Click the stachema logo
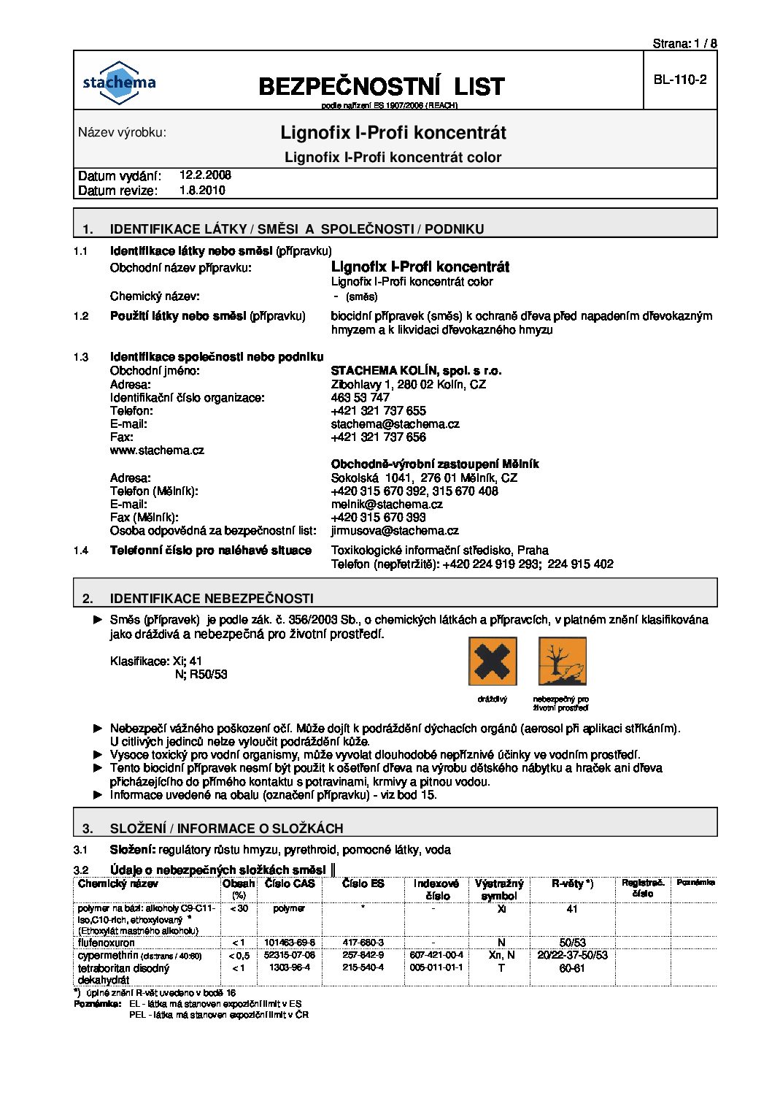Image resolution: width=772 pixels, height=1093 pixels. tap(119, 80)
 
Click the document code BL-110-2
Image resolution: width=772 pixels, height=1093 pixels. tap(679, 80)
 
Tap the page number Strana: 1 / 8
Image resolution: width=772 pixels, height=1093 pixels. tap(684, 44)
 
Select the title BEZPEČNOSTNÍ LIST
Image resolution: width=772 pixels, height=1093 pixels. tap(382, 87)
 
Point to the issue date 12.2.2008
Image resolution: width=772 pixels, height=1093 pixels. tap(205, 175)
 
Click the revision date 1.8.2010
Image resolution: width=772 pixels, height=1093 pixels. tap(202, 191)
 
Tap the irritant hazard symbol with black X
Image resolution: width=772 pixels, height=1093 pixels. tap(493, 661)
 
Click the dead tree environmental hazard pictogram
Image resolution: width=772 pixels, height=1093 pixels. tap(563, 661)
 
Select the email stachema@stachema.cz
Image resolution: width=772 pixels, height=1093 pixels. tap(395, 424)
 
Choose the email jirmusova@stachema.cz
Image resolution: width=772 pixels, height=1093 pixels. tap(395, 531)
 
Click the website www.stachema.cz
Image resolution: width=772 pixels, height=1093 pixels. tap(157, 450)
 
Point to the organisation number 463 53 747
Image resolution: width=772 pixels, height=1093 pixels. tap(360, 398)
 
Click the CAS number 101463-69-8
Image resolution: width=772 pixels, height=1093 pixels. tap(289, 943)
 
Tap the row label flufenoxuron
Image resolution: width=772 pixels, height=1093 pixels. tap(107, 943)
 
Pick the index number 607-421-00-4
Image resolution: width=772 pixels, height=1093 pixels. tap(436, 955)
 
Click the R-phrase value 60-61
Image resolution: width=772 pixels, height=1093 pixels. tap(572, 968)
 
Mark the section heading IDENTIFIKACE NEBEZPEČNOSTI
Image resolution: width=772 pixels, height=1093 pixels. tap(212, 599)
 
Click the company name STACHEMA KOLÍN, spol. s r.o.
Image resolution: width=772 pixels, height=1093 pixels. tap(416, 371)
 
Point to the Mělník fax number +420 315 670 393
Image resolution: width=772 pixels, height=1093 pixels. tap(378, 518)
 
